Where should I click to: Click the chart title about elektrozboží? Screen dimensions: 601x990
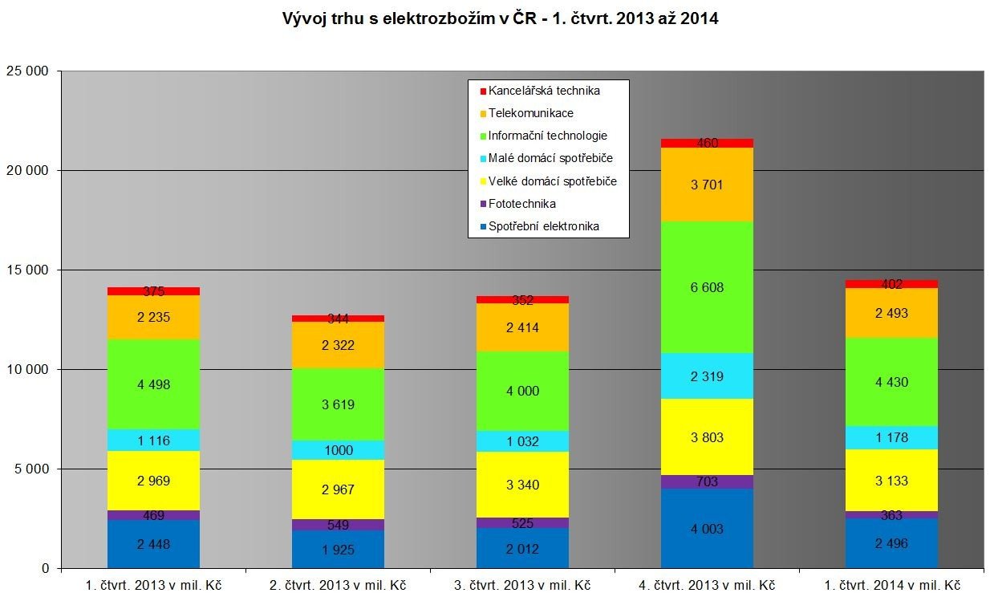(500, 19)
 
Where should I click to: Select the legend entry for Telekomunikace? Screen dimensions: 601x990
(530, 113)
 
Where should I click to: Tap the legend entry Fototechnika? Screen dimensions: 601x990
(521, 204)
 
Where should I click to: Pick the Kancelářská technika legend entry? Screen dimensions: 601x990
(544, 91)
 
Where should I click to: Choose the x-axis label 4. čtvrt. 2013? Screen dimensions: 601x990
(707, 585)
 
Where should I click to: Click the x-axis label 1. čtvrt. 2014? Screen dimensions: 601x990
(891, 585)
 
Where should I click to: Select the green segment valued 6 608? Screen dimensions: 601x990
(707, 287)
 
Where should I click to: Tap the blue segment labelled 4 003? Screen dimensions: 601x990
(707, 528)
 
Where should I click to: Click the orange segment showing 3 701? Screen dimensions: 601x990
(707, 185)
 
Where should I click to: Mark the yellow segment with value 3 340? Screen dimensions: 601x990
(522, 485)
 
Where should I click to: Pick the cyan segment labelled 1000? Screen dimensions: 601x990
(338, 450)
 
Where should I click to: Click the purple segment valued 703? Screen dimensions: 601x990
(707, 481)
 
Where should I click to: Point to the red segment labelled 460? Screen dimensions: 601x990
(707, 143)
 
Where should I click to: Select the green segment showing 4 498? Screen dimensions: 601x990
(153, 384)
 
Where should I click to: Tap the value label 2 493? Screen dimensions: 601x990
(891, 313)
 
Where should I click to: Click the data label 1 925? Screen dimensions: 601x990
(338, 550)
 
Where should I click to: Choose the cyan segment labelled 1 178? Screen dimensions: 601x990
(891, 437)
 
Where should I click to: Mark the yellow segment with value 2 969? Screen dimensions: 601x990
(153, 481)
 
